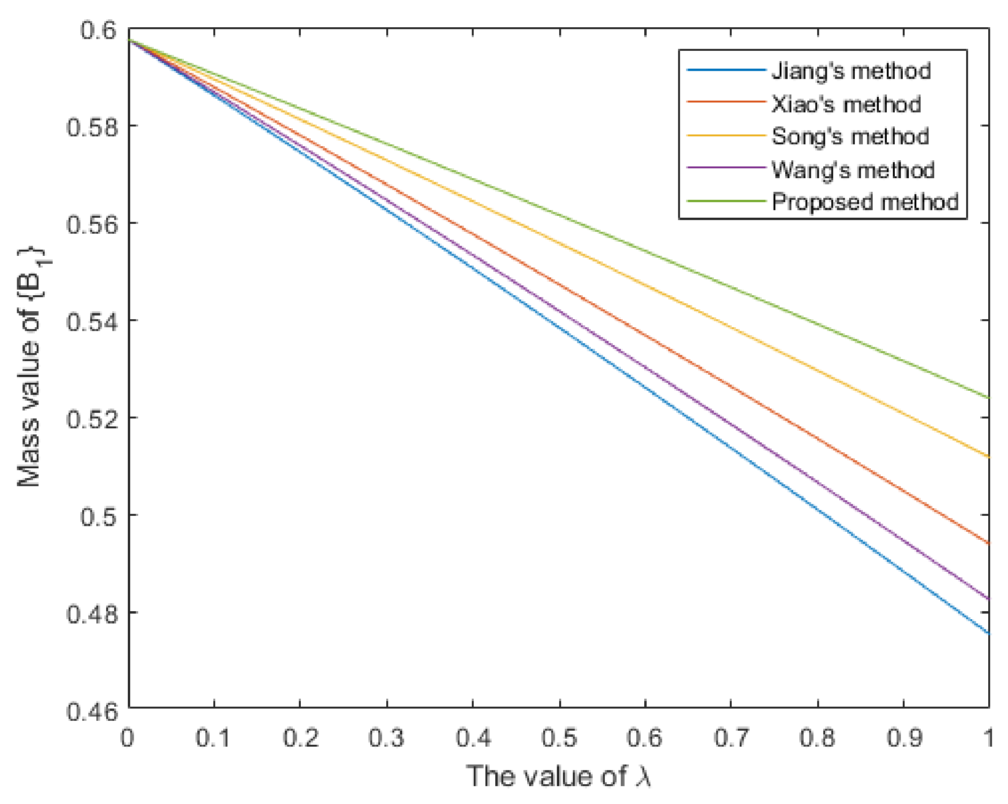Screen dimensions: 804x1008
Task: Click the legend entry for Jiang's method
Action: [851, 71]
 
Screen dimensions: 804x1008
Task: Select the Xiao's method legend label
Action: [846, 104]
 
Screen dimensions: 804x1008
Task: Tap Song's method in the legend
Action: [850, 136]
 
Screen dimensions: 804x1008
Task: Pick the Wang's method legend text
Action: [852, 169]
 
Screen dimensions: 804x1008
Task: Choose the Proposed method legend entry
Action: [865, 202]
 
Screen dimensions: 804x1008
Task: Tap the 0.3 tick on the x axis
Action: [386, 737]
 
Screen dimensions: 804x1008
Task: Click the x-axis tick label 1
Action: [989, 737]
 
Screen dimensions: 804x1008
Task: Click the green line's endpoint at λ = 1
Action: [988, 398]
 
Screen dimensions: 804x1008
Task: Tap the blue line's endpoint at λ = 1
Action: [988, 634]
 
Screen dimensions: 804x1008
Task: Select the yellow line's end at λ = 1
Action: [988, 457]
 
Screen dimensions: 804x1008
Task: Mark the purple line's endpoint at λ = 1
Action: [988, 599]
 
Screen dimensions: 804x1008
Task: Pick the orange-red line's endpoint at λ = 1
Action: [988, 544]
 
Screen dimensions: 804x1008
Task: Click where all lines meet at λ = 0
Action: [129, 40]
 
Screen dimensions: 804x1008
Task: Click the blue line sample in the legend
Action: [726, 71]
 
